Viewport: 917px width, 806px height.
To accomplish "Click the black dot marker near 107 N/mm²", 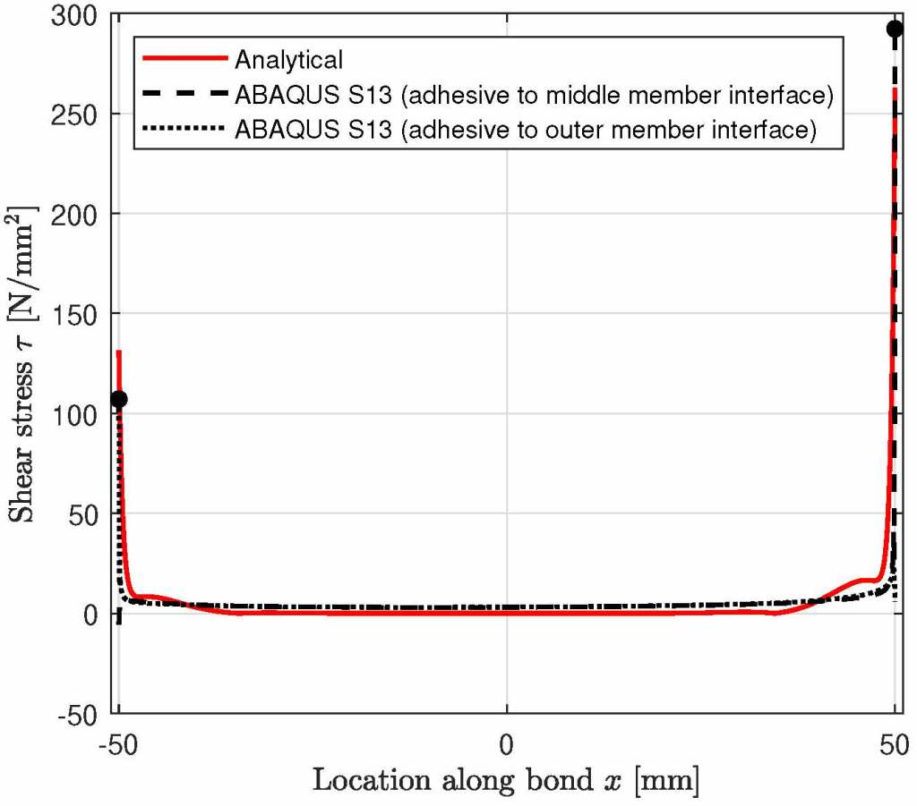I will pyautogui.click(x=119, y=399).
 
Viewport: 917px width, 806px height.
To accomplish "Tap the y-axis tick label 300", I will pyautogui.click(x=78, y=15).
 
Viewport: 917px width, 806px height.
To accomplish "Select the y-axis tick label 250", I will pyautogui.click(x=78, y=115).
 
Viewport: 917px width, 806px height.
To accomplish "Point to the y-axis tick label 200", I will pyautogui.click(x=78, y=215).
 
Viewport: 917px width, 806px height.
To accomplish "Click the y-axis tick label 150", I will pyautogui.click(x=78, y=315).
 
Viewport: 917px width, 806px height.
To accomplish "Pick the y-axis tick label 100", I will pyautogui.click(x=78, y=415).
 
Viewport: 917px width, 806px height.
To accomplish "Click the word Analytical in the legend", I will pyautogui.click(x=288, y=61).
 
